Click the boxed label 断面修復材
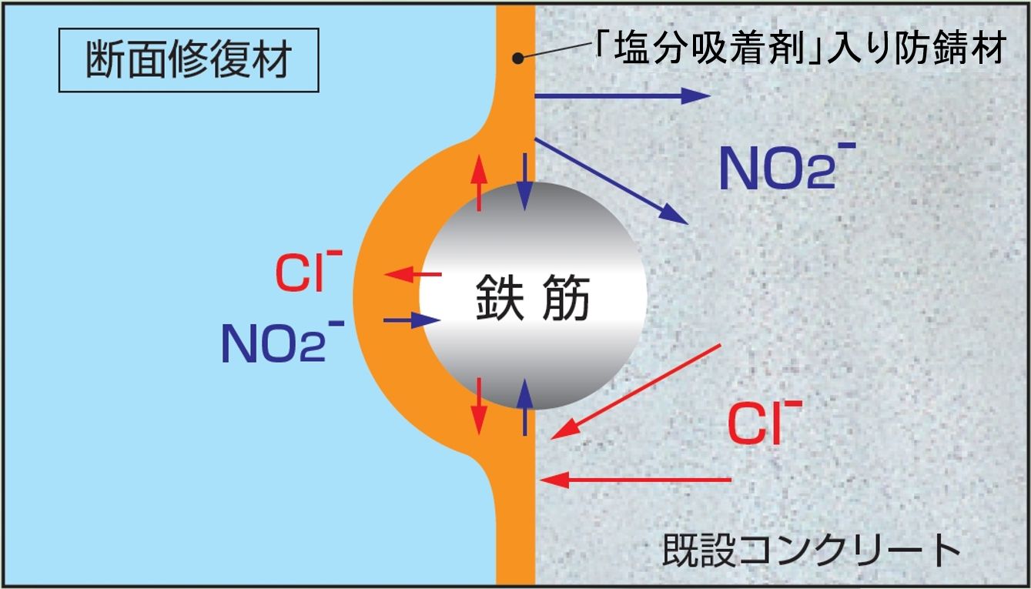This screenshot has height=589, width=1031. click(x=188, y=60)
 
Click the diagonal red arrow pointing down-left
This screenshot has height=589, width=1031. click(x=636, y=391)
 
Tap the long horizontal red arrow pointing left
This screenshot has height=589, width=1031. click(x=635, y=480)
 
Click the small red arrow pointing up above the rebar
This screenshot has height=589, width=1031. click(x=479, y=182)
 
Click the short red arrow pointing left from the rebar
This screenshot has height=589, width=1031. click(x=413, y=274)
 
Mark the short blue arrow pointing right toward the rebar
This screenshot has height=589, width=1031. click(x=412, y=320)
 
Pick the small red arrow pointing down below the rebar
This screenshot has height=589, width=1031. click(x=479, y=406)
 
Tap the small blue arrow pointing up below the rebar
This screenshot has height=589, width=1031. click(x=525, y=406)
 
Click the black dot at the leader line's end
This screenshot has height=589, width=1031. click(x=519, y=59)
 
